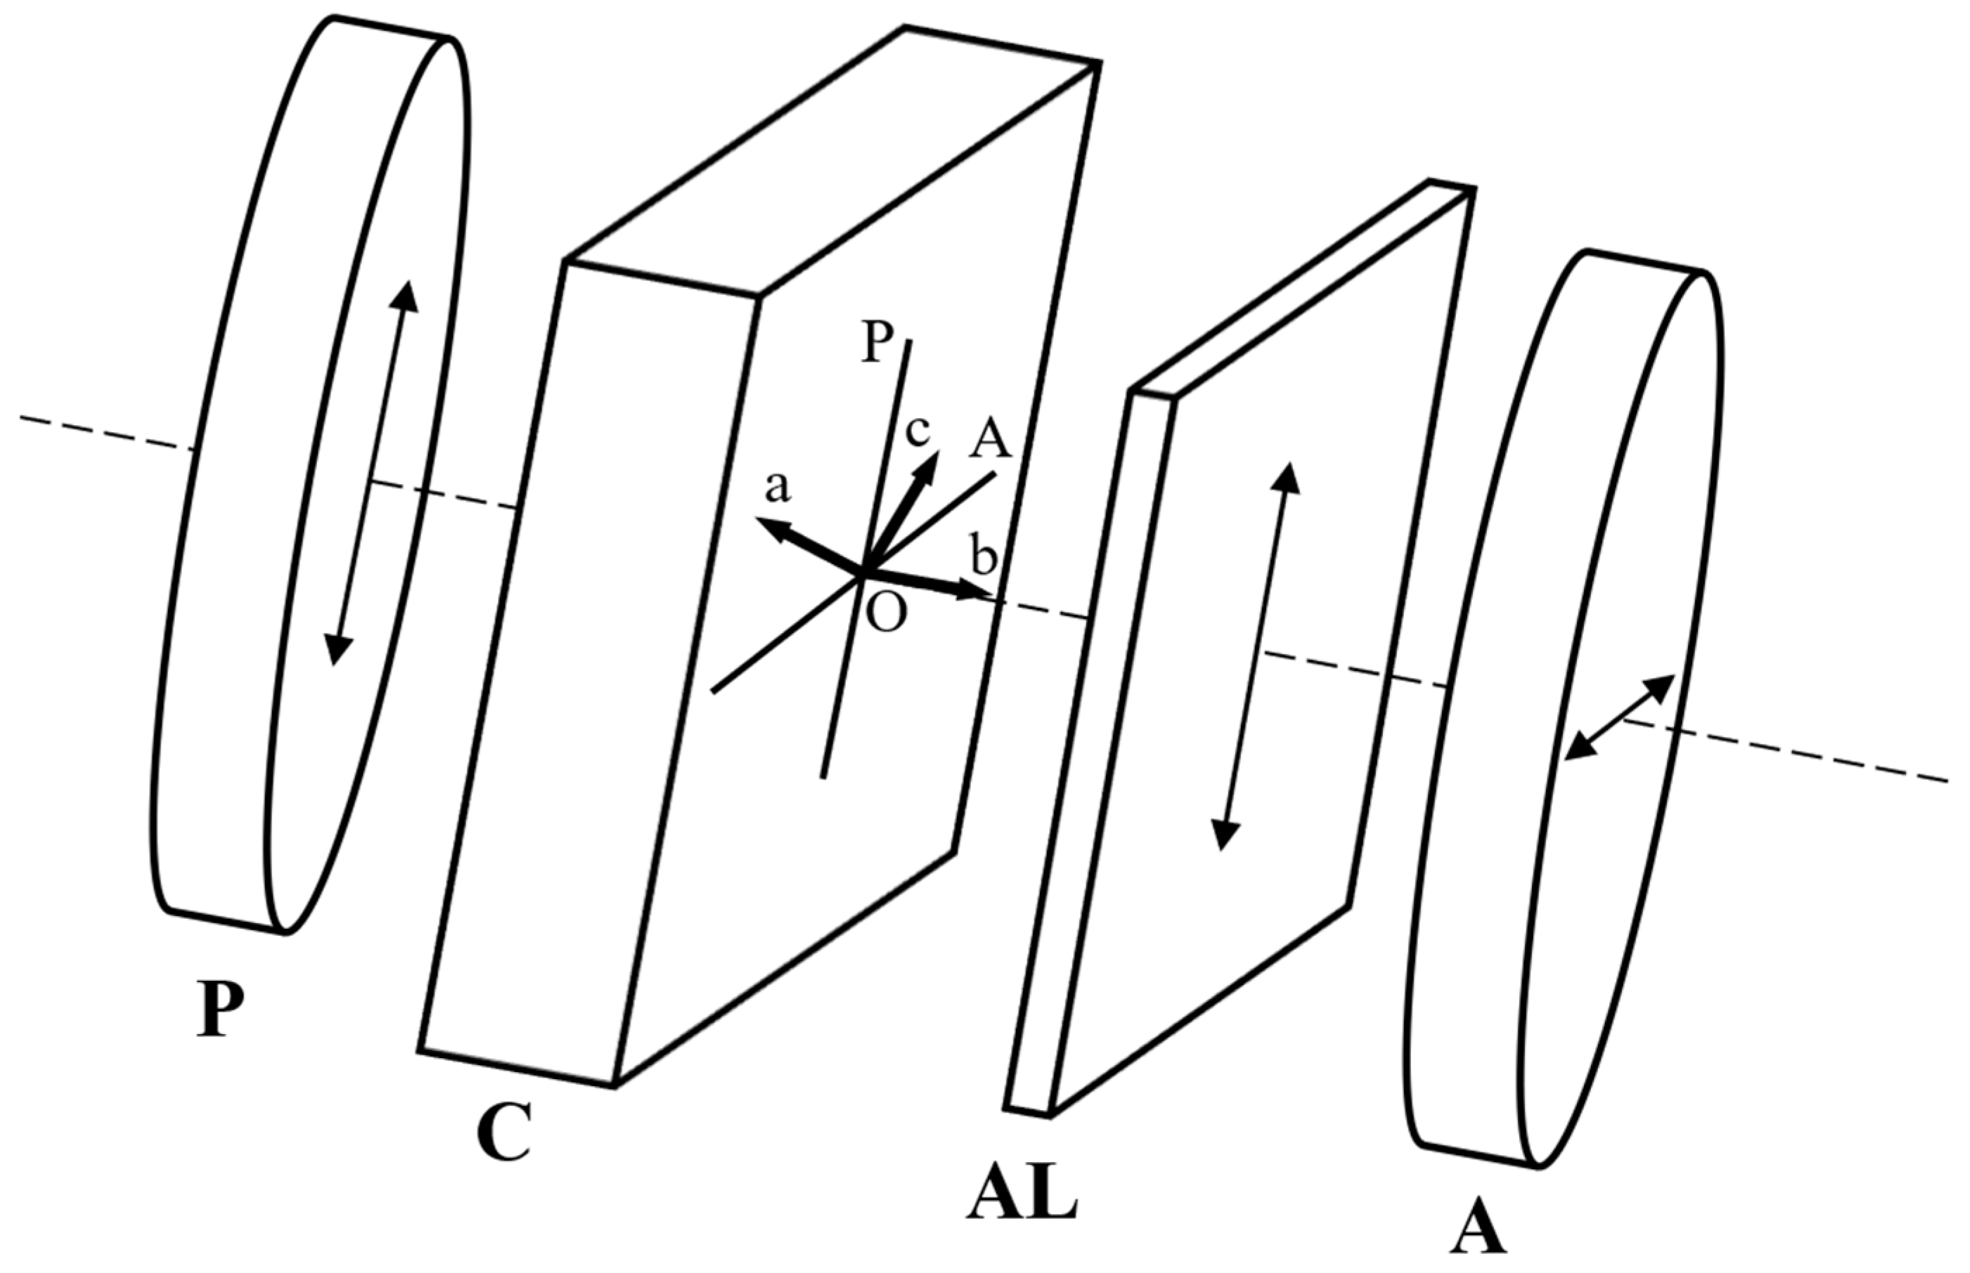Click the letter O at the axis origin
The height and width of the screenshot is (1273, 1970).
pos(887,613)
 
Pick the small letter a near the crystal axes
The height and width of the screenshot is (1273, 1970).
pos(778,487)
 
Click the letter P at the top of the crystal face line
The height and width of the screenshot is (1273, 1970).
pos(877,341)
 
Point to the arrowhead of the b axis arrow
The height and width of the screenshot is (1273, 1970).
pos(976,592)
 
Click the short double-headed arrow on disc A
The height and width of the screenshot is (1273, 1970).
pos(1618,717)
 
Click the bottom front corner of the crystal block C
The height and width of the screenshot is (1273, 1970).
pos(614,1085)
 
